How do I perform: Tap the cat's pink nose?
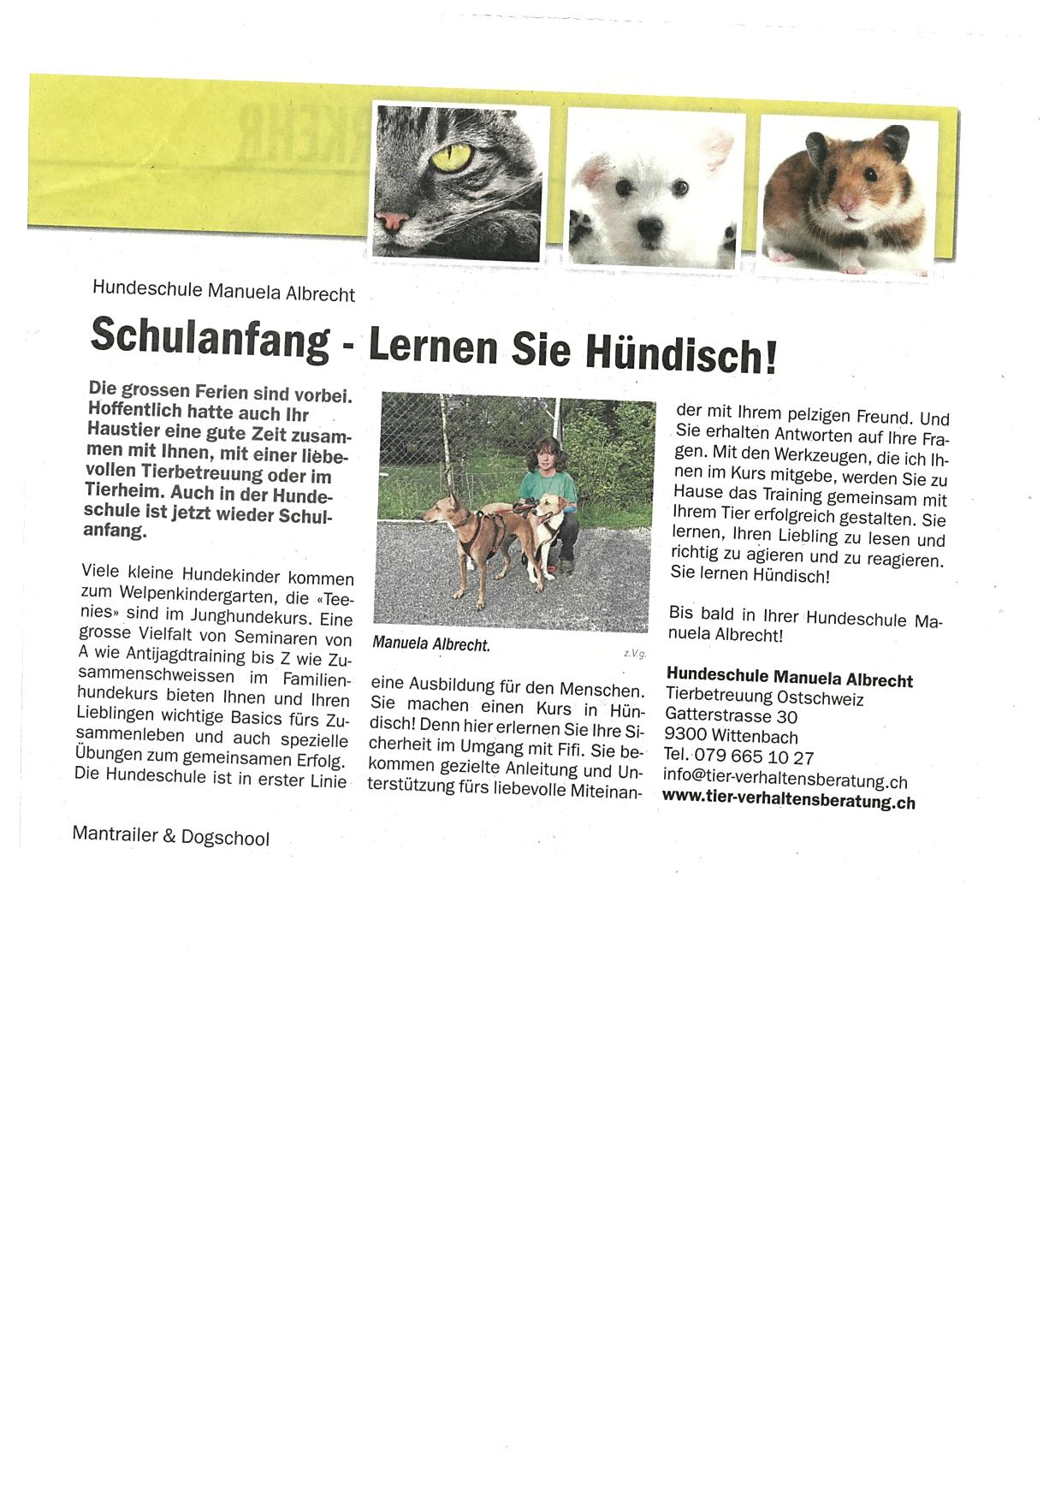(392, 222)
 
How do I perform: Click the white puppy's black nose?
(649, 227)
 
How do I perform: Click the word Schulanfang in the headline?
(210, 336)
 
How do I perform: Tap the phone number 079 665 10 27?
(754, 757)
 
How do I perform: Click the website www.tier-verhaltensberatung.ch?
(788, 802)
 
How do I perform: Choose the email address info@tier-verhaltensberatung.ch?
(785, 780)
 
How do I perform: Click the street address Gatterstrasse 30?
(731, 716)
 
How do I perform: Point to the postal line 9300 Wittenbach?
(731, 737)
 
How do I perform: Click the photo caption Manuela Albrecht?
(431, 644)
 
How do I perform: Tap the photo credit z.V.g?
(635, 654)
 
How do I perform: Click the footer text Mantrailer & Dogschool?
(170, 836)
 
